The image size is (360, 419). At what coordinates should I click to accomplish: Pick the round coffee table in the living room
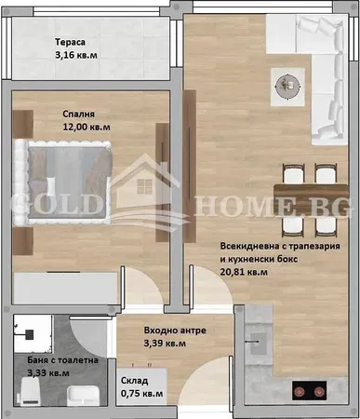pyautogui.click(x=285, y=84)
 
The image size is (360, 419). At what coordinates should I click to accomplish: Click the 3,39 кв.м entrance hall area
pyautogui.click(x=164, y=344)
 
